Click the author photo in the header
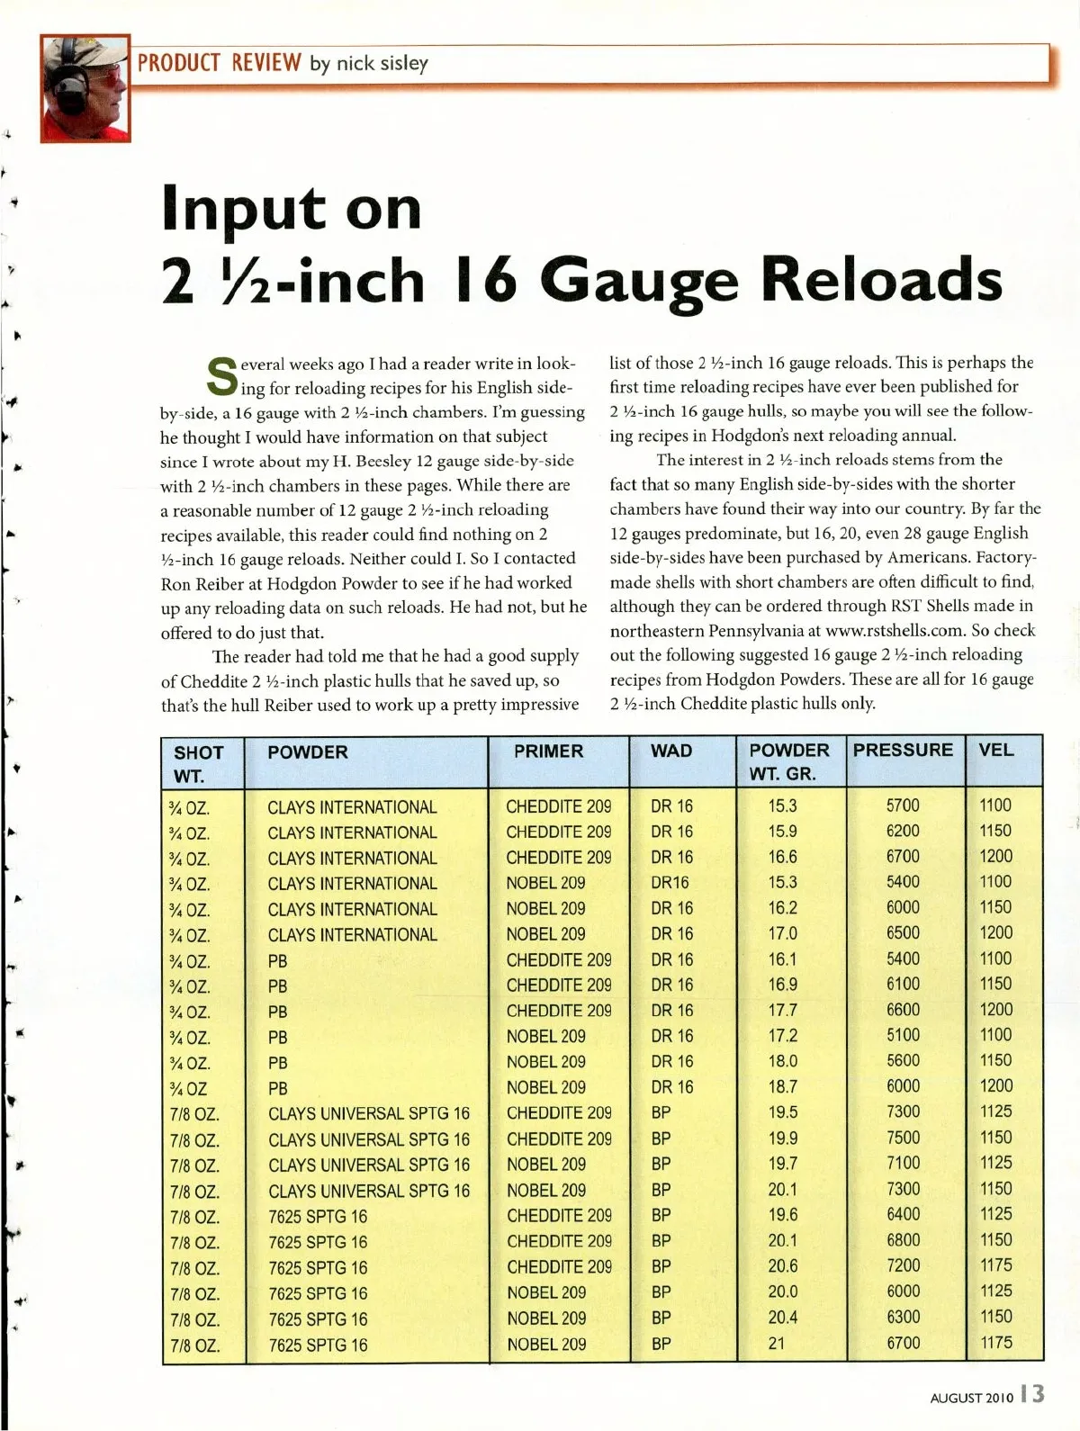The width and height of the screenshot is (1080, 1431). tap(85, 87)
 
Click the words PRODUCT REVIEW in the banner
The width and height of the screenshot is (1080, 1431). tap(219, 62)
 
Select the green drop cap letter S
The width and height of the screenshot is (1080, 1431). tap(221, 377)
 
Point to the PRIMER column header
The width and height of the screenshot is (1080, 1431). tap(548, 751)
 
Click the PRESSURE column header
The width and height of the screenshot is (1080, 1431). tap(903, 750)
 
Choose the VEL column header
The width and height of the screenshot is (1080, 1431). tap(995, 750)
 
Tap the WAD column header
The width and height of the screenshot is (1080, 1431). tap(671, 751)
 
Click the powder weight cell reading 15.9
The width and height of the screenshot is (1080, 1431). tap(782, 831)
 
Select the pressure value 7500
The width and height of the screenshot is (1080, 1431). tap(903, 1138)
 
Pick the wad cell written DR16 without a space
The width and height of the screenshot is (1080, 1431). tap(670, 882)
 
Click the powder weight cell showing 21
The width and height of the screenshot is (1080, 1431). tap(777, 1343)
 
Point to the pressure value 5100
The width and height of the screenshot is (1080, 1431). tap(903, 1035)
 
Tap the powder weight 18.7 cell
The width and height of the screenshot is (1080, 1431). tap(782, 1086)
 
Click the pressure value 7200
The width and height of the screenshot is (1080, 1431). tap(903, 1265)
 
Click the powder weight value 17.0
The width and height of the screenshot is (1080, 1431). tap(782, 933)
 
